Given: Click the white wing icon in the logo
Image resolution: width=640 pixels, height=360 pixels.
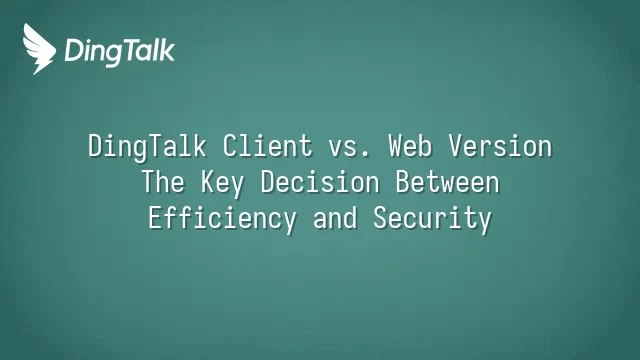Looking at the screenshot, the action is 39,49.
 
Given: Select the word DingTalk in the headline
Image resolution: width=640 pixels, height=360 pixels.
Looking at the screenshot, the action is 147,147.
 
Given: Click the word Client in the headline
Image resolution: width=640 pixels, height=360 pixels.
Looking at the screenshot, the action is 267,146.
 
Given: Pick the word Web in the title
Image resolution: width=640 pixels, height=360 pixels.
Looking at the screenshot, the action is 410,146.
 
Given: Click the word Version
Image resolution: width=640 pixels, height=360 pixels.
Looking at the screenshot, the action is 500,146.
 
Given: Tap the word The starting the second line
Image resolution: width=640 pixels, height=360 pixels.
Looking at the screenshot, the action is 163,182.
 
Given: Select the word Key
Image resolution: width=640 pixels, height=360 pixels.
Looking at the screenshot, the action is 222,184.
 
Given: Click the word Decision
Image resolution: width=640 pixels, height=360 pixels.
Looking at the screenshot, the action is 320,182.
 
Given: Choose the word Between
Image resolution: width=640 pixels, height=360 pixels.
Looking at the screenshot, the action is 448,182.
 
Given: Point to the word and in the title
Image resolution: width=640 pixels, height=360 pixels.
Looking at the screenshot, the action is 335,218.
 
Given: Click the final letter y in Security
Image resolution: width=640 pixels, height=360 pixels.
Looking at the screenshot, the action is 484,223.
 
